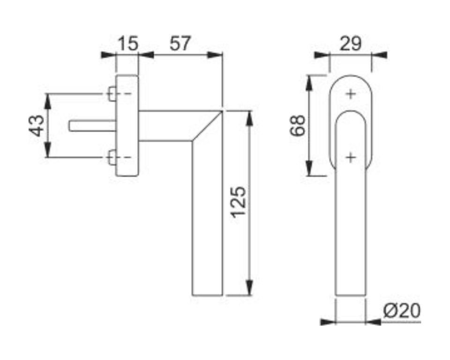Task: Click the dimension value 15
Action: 128,44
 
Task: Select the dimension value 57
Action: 180,44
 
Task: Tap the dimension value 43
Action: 37,126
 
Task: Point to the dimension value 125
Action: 239,202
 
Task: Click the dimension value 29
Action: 351,44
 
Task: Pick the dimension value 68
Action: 297,125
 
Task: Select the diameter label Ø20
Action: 402,310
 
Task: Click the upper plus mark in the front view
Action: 351,94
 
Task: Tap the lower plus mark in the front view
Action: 351,157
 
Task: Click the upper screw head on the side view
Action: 112,94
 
